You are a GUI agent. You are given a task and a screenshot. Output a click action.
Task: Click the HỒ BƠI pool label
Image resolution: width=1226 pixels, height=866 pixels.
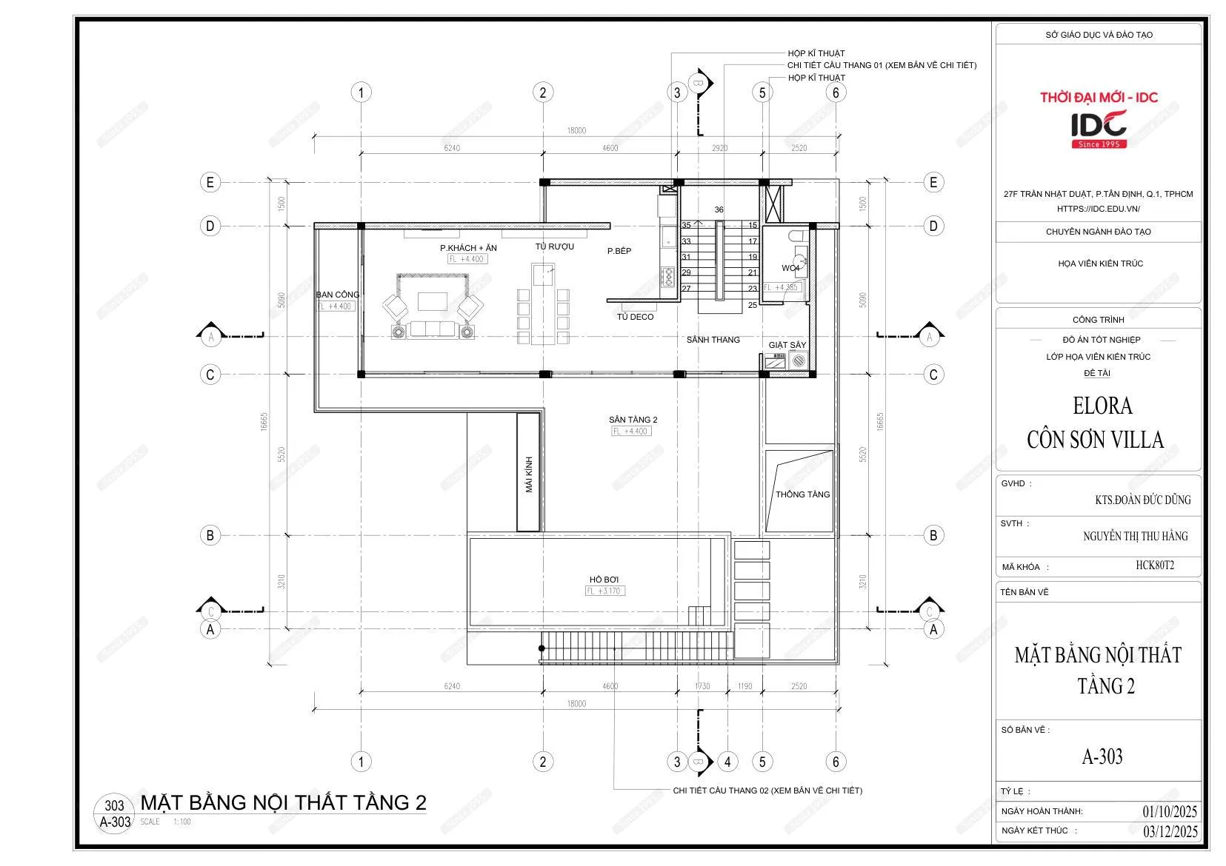point(604,580)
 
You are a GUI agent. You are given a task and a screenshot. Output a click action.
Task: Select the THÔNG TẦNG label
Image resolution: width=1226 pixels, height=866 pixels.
point(802,494)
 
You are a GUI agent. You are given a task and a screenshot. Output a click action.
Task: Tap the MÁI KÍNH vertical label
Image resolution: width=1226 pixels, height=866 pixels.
point(529,474)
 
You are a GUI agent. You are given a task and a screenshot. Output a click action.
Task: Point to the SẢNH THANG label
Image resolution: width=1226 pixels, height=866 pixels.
point(713,340)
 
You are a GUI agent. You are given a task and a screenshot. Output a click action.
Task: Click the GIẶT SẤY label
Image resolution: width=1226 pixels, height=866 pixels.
point(787,346)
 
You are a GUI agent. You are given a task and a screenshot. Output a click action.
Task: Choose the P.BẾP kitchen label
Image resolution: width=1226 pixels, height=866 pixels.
point(619,251)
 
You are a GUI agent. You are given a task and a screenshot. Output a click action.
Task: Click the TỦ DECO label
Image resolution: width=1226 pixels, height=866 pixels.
point(635,317)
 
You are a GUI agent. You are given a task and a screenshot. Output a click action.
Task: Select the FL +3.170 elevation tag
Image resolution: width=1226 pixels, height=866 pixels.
point(605,591)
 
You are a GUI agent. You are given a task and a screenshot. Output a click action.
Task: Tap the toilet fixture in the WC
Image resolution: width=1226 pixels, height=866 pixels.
point(797,236)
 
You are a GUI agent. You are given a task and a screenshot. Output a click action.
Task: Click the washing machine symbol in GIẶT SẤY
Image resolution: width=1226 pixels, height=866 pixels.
point(799,361)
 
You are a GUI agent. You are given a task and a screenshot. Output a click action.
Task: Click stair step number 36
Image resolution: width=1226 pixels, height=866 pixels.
point(719,210)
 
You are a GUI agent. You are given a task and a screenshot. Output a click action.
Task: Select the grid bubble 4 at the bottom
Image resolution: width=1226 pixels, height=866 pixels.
point(727,761)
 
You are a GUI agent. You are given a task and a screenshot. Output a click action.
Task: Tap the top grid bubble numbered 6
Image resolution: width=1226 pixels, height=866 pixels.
point(836,93)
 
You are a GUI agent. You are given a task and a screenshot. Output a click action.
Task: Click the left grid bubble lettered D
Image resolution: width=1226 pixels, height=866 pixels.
point(210,226)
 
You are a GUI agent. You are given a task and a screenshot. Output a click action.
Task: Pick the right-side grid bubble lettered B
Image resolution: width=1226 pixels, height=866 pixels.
point(933,534)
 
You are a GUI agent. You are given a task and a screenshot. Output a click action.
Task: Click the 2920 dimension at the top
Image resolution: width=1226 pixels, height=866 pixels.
point(719,148)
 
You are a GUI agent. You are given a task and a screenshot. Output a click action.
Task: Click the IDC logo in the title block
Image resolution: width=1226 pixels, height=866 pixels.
point(1099,126)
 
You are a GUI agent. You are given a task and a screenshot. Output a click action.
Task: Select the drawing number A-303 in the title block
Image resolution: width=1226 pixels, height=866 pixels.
point(1102,756)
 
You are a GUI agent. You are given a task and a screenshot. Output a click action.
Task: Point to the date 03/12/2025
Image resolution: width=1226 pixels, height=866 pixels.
point(1170,831)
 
